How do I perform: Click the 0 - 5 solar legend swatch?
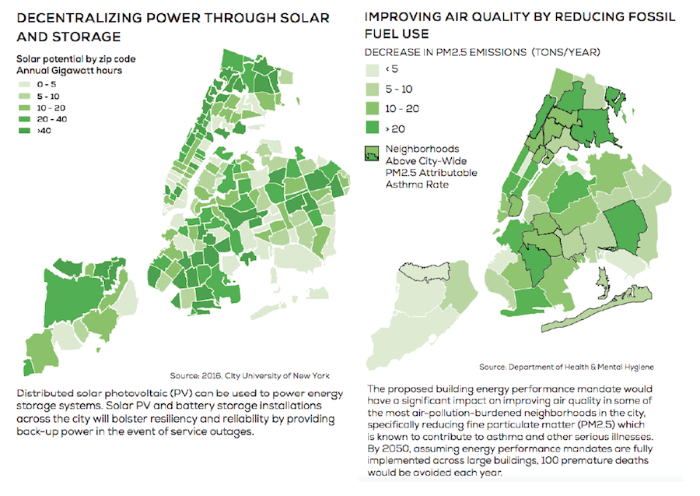pos(25,83)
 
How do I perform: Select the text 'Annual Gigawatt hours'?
pos(69,70)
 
